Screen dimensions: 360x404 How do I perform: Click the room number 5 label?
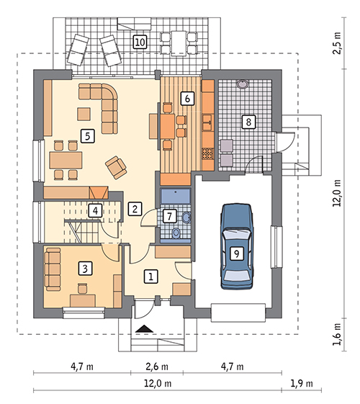tap(88, 136)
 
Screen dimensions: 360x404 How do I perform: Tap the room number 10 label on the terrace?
tap(140, 42)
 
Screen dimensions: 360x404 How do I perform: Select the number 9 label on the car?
tap(237, 253)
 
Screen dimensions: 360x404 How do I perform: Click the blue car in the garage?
tap(237, 246)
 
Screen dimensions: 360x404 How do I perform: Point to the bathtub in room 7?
tap(176, 196)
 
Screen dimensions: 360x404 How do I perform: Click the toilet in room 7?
tap(176, 233)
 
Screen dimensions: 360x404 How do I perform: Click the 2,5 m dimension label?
tap(337, 43)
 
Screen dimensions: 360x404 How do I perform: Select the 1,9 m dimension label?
tap(302, 383)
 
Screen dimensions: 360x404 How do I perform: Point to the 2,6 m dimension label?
tap(157, 367)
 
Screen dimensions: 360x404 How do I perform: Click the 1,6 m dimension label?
tap(337, 334)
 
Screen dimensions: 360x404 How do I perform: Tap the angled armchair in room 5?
tap(116, 168)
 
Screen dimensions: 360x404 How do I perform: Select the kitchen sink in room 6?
tap(207, 123)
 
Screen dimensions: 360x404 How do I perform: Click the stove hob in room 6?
tap(208, 153)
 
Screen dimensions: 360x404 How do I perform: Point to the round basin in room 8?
tap(243, 84)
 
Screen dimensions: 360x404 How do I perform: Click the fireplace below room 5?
tap(99, 192)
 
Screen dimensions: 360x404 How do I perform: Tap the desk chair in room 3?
tap(83, 289)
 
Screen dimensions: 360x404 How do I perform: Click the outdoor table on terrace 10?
tap(179, 43)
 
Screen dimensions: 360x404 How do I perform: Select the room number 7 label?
tap(169, 216)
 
